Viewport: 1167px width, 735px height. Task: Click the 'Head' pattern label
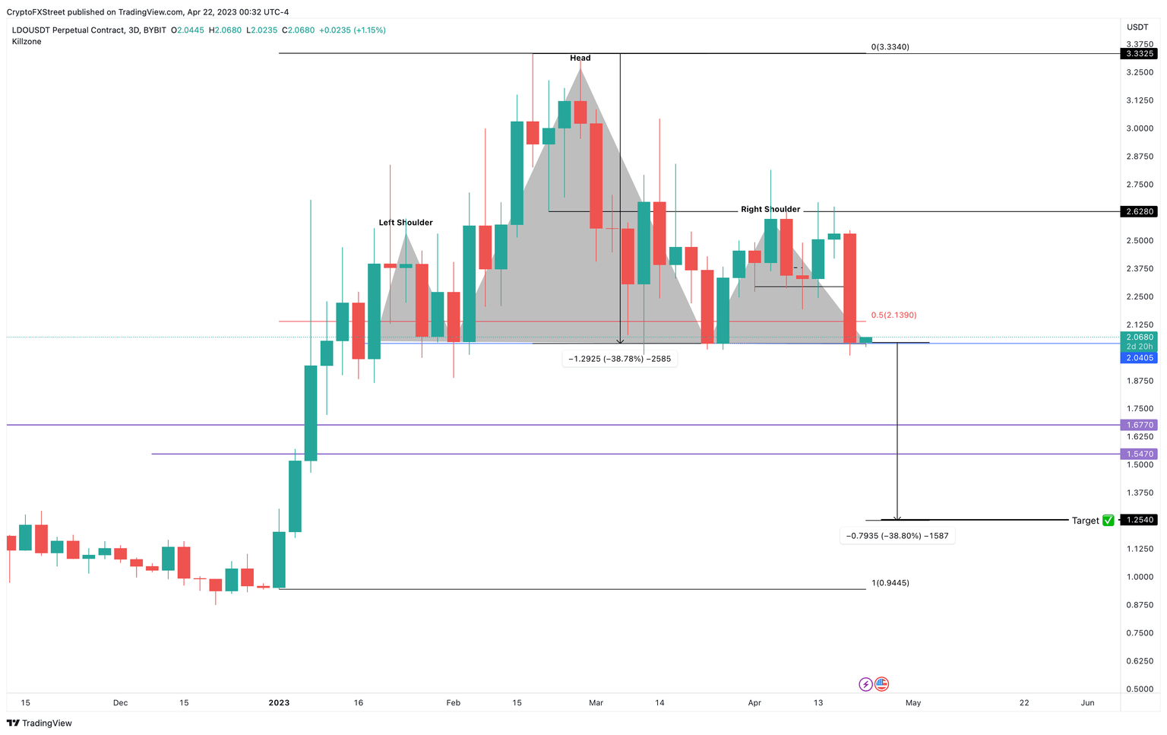tap(580, 58)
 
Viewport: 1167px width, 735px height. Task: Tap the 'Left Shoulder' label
tap(406, 223)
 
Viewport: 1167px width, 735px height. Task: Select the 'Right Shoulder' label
tap(770, 209)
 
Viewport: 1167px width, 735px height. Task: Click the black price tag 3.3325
tap(1139, 54)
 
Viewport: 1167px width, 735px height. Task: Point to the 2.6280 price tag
tap(1139, 211)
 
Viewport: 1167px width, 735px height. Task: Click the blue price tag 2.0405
tap(1139, 358)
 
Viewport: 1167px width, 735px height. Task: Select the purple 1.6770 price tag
tap(1139, 425)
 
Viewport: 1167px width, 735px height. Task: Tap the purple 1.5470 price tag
tap(1139, 454)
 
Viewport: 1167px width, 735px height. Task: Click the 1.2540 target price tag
tap(1139, 520)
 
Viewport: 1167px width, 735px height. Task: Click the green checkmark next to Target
tap(1108, 521)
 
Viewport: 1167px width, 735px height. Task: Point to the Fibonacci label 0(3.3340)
tap(890, 47)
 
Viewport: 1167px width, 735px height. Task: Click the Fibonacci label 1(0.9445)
tap(890, 583)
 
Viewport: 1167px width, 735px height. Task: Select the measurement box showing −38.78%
tap(619, 359)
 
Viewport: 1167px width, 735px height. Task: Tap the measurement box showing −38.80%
tap(897, 536)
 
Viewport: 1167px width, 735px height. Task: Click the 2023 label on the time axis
tap(279, 703)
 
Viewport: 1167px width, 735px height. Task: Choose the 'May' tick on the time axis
tap(912, 703)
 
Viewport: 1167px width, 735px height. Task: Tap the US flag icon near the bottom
tap(881, 685)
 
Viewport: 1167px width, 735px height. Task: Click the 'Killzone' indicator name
tap(27, 42)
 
